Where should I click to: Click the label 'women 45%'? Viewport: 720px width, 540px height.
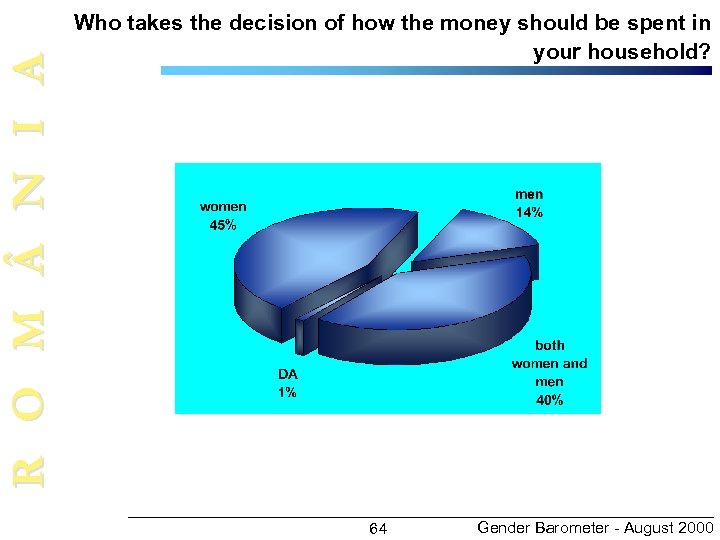[x=223, y=216]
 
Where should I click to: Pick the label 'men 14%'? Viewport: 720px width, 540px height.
[x=529, y=203]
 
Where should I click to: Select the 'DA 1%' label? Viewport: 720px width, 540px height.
[x=287, y=383]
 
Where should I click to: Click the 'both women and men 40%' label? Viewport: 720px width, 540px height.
[x=549, y=372]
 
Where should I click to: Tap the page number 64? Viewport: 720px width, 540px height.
[x=378, y=528]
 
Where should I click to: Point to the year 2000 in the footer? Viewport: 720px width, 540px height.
[x=694, y=527]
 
